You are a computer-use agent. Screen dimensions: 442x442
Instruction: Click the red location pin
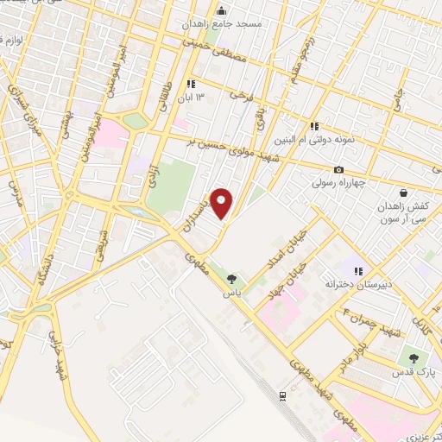pyautogui.click(x=222, y=203)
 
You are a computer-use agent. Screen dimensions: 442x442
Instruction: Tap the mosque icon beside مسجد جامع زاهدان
pyautogui.click(x=222, y=12)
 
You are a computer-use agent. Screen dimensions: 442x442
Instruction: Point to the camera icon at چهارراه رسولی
pyautogui.click(x=338, y=169)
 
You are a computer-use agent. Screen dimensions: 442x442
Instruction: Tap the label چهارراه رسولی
pyautogui.click(x=340, y=183)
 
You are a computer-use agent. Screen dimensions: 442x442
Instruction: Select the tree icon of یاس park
pyautogui.click(x=231, y=278)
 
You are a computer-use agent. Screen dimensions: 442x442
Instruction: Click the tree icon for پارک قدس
pyautogui.click(x=411, y=357)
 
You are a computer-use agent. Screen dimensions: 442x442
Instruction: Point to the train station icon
pyautogui.click(x=282, y=395)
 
